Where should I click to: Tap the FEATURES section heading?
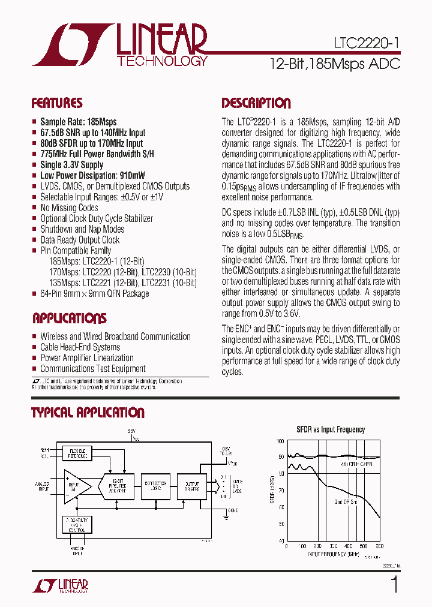[x=57, y=103]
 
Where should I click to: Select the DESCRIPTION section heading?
[x=256, y=103]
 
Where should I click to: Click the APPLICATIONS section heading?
[x=69, y=318]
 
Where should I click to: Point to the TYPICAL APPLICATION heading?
[x=88, y=413]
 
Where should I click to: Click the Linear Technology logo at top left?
[x=120, y=45]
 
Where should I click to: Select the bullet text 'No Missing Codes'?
[x=69, y=208]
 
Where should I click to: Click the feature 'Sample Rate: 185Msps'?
[x=79, y=121]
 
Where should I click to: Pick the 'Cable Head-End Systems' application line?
[x=80, y=347]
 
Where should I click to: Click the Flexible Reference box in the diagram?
[x=77, y=452]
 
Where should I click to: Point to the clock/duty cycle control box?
[x=77, y=525]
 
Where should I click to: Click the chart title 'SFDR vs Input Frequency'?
[x=331, y=429]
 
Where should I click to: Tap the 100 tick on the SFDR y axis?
[x=280, y=441]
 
